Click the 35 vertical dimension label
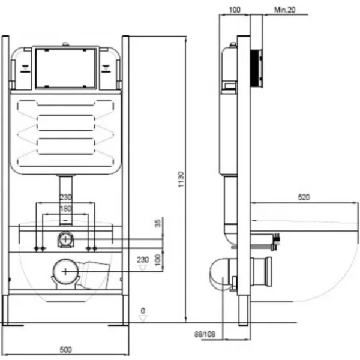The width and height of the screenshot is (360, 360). coord(158,224)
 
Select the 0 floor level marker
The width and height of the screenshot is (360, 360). coord(143,310)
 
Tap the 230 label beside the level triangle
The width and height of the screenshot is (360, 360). coord(143,260)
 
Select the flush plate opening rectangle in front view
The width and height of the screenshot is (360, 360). coord(64,67)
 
